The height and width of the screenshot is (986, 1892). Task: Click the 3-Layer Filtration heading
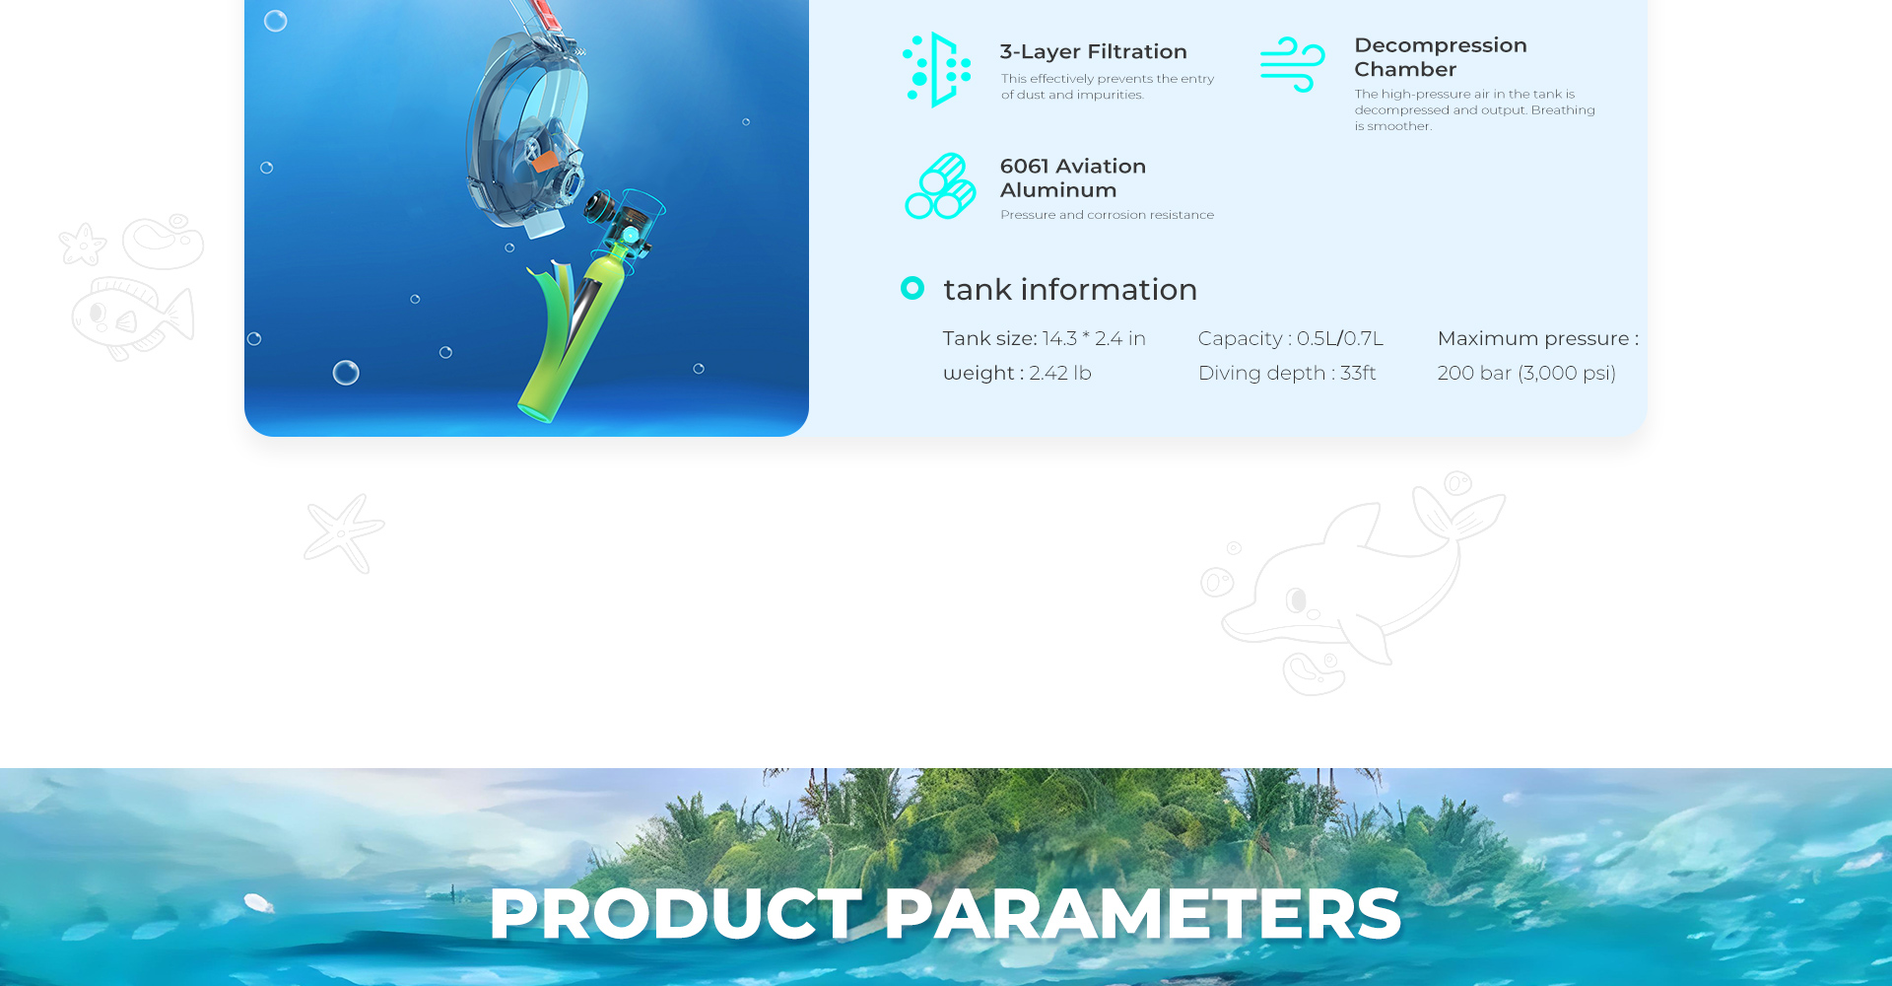[1093, 52]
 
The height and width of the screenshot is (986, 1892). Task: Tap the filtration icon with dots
[936, 70]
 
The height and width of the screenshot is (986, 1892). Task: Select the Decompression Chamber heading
[1440, 57]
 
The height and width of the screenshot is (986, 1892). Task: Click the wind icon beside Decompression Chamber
[1292, 64]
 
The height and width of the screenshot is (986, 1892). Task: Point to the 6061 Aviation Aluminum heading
[1072, 178]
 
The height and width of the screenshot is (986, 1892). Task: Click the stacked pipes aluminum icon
[940, 185]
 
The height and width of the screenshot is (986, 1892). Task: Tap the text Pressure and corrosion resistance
[1107, 215]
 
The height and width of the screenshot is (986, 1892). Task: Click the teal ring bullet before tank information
[912, 288]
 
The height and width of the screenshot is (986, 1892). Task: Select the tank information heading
[1070, 290]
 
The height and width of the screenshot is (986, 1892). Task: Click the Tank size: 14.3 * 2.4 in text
[1044, 338]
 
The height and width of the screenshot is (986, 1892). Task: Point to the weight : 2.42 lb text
[1017, 373]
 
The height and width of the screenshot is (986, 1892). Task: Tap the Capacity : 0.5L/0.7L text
[1291, 338]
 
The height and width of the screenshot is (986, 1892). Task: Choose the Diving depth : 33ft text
[1287, 373]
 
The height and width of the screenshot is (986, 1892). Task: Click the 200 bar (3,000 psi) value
[1526, 373]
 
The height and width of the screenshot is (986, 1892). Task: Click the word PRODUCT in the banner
[676, 914]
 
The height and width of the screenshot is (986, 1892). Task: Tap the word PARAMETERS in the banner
[1143, 914]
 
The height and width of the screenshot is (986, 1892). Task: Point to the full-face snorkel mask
[527, 128]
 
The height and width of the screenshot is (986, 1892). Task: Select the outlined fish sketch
[132, 317]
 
